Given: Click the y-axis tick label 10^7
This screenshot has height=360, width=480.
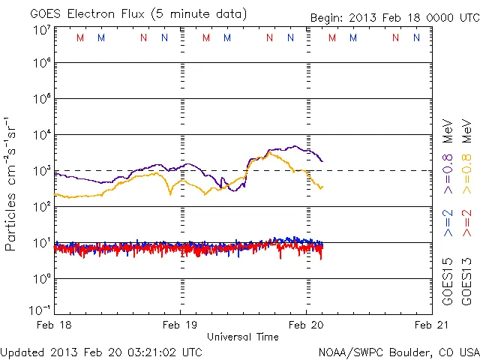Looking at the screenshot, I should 42,29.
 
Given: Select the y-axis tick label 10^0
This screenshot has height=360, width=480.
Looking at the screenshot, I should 42,278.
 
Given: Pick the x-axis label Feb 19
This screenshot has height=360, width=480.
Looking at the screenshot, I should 181,325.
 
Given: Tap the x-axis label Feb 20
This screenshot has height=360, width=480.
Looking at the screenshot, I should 306,325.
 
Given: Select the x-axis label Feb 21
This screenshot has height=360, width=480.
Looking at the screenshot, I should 429,325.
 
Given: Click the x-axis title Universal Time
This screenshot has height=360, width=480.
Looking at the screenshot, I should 243,337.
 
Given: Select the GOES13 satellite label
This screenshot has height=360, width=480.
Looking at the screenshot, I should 466,280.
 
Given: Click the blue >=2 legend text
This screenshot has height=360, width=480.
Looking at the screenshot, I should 448,223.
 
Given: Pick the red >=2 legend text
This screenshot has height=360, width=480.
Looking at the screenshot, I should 466,223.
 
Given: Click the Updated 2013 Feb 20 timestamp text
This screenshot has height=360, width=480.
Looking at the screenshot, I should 101,352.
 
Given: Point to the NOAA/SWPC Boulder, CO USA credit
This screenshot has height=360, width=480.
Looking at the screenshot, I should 398,352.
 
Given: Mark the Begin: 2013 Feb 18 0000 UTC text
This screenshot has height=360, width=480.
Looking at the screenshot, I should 394,17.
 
